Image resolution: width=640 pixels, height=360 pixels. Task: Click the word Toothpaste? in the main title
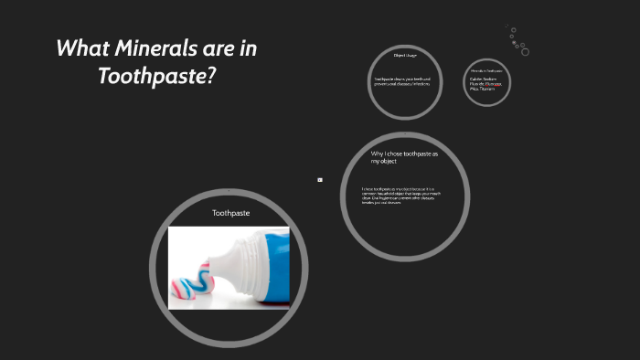(x=156, y=76)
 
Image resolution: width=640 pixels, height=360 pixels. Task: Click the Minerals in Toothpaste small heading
(x=486, y=70)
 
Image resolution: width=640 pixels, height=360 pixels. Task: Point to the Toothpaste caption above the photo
(x=230, y=212)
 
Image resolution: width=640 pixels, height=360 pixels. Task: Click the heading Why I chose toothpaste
(x=404, y=154)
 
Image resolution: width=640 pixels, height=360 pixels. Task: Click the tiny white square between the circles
(x=319, y=179)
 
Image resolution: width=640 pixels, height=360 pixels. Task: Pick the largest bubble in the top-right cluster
(x=524, y=51)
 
